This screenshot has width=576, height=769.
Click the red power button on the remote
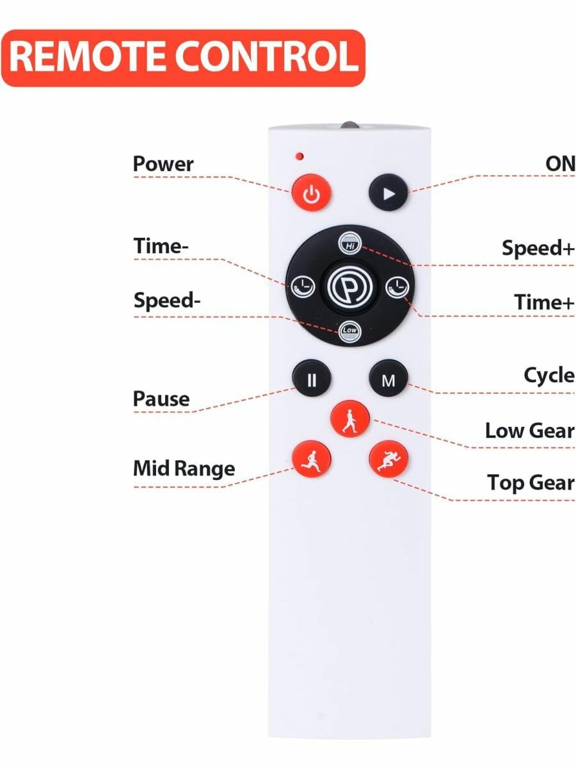click(312, 193)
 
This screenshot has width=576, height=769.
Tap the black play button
click(388, 192)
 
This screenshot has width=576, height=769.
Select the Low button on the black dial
click(349, 329)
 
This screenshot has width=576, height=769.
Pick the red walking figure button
click(349, 420)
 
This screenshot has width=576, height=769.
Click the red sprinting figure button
click(388, 459)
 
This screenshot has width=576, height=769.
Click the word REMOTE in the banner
click(88, 57)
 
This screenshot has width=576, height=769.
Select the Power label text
click(163, 164)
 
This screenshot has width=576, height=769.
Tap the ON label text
click(560, 163)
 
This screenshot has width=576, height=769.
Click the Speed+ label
click(538, 249)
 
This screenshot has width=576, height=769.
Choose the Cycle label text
click(549, 376)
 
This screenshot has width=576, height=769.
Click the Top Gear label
click(531, 483)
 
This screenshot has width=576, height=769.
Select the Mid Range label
click(184, 469)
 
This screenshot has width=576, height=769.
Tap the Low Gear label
click(529, 430)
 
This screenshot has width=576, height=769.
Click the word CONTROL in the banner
click(267, 57)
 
